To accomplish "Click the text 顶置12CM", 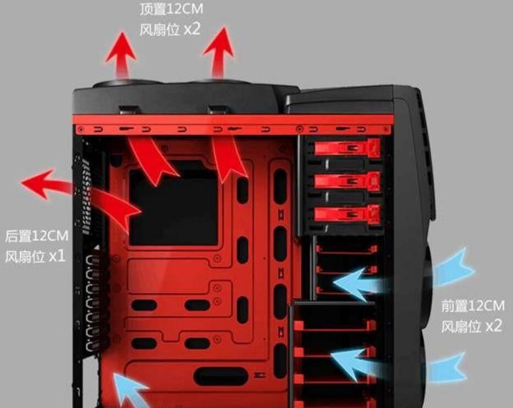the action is coord(172,9).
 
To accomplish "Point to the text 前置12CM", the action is coord(473,306).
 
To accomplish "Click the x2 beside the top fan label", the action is coord(192,29).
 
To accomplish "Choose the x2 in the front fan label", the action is coord(494,326).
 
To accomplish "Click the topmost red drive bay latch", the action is coord(347,147).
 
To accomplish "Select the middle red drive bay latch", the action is coord(347,181).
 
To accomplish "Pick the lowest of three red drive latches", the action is coord(347,214).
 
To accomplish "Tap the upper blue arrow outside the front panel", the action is coord(453,268).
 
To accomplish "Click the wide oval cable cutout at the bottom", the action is coord(221,376).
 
